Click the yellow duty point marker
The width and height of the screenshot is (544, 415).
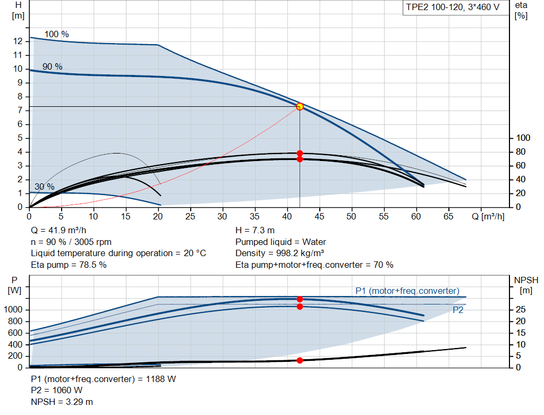tap(300, 106)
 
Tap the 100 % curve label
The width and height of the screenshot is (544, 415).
tap(56, 34)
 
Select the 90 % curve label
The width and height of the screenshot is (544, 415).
tap(53, 66)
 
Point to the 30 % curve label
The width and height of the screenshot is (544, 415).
tap(45, 187)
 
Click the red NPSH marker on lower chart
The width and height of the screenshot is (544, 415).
tap(300, 360)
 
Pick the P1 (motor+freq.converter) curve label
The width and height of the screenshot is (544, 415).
tap(407, 291)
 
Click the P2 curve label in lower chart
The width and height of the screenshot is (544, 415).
tap(457, 310)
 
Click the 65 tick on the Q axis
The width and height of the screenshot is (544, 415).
tap(449, 217)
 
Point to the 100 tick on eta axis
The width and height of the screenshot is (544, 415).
tap(523, 138)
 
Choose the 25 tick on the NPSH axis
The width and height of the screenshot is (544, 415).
tap(521, 310)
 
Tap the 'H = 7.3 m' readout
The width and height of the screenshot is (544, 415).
tap(255, 230)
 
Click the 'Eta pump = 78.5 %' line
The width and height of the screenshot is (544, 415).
tap(69, 265)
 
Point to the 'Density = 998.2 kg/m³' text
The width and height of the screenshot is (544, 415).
tap(280, 253)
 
